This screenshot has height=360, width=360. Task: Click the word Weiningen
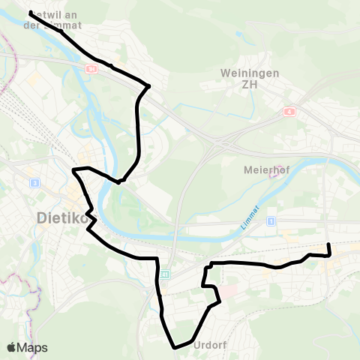click(240, 73)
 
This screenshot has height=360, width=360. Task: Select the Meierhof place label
click(262, 169)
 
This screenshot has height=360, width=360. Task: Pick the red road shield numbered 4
click(289, 112)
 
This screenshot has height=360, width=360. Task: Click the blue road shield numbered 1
click(271, 220)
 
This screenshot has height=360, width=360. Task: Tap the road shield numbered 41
click(166, 274)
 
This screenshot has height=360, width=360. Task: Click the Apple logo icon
click(11, 347)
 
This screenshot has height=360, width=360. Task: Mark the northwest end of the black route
click(30, 13)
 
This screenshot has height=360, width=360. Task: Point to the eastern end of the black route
click(328, 244)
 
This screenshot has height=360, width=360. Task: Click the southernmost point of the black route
click(175, 347)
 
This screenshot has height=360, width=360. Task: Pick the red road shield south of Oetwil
click(90, 68)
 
